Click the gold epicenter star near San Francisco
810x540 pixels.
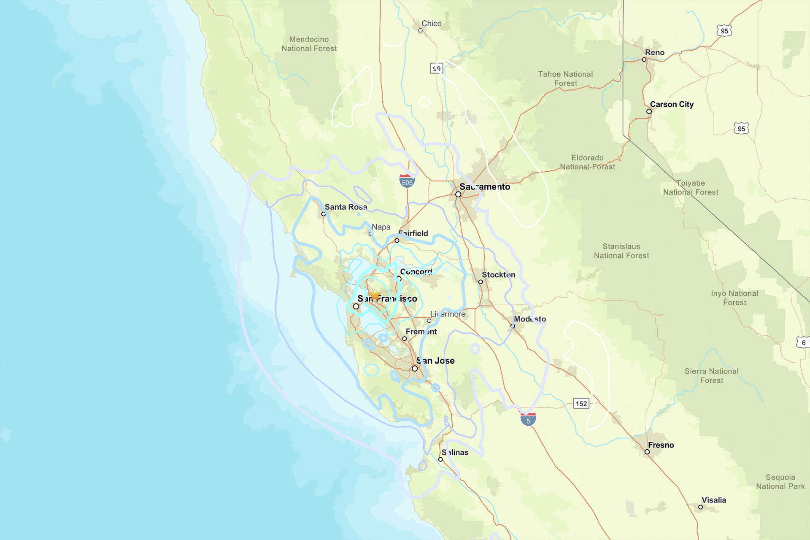pyautogui.click(x=375, y=294)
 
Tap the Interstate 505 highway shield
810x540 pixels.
pyautogui.click(x=407, y=181)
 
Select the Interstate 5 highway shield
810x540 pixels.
pyautogui.click(x=528, y=419)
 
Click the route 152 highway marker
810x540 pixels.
pyautogui.click(x=581, y=403)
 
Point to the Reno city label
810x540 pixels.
pyautogui.click(x=654, y=52)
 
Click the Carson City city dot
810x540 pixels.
pyautogui.click(x=649, y=111)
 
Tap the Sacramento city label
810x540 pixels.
pyautogui.click(x=485, y=186)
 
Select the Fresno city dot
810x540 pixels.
pyautogui.click(x=647, y=452)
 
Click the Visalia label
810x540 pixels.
pyautogui.click(x=713, y=500)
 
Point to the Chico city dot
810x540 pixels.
pyautogui.click(x=420, y=30)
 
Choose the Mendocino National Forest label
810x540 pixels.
pyautogui.click(x=309, y=44)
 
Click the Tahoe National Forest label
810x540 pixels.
pyautogui.click(x=565, y=78)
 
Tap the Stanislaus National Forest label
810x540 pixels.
pyautogui.click(x=621, y=251)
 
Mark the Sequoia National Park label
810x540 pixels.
pyautogui.click(x=780, y=481)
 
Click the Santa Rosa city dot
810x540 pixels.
pyautogui.click(x=324, y=214)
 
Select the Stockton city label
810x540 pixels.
pyautogui.click(x=498, y=275)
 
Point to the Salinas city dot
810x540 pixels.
pyautogui.click(x=440, y=459)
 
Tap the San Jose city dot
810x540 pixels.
pyautogui.click(x=415, y=368)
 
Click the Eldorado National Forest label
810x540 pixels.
pyautogui.click(x=587, y=162)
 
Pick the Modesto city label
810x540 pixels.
pyautogui.click(x=530, y=319)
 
